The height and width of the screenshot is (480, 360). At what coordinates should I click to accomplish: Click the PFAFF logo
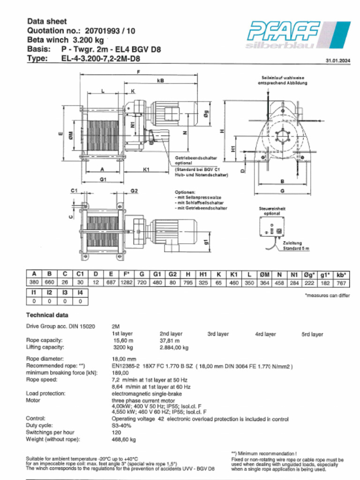(x=298, y=34)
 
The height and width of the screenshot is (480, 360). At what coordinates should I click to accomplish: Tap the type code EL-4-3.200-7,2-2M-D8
(x=100, y=59)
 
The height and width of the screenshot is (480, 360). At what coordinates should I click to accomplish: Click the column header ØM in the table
(x=264, y=273)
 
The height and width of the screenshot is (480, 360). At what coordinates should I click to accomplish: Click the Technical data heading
(x=47, y=315)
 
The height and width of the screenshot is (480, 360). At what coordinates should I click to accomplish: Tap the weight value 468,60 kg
(x=124, y=440)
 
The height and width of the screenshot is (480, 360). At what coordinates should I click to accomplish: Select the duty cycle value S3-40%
(x=121, y=426)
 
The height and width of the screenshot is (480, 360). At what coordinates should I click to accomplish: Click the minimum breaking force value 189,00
(x=120, y=373)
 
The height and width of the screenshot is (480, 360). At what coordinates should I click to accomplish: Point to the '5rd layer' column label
(x=312, y=334)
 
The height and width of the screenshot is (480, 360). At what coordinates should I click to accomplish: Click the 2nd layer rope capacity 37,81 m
(x=170, y=341)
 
